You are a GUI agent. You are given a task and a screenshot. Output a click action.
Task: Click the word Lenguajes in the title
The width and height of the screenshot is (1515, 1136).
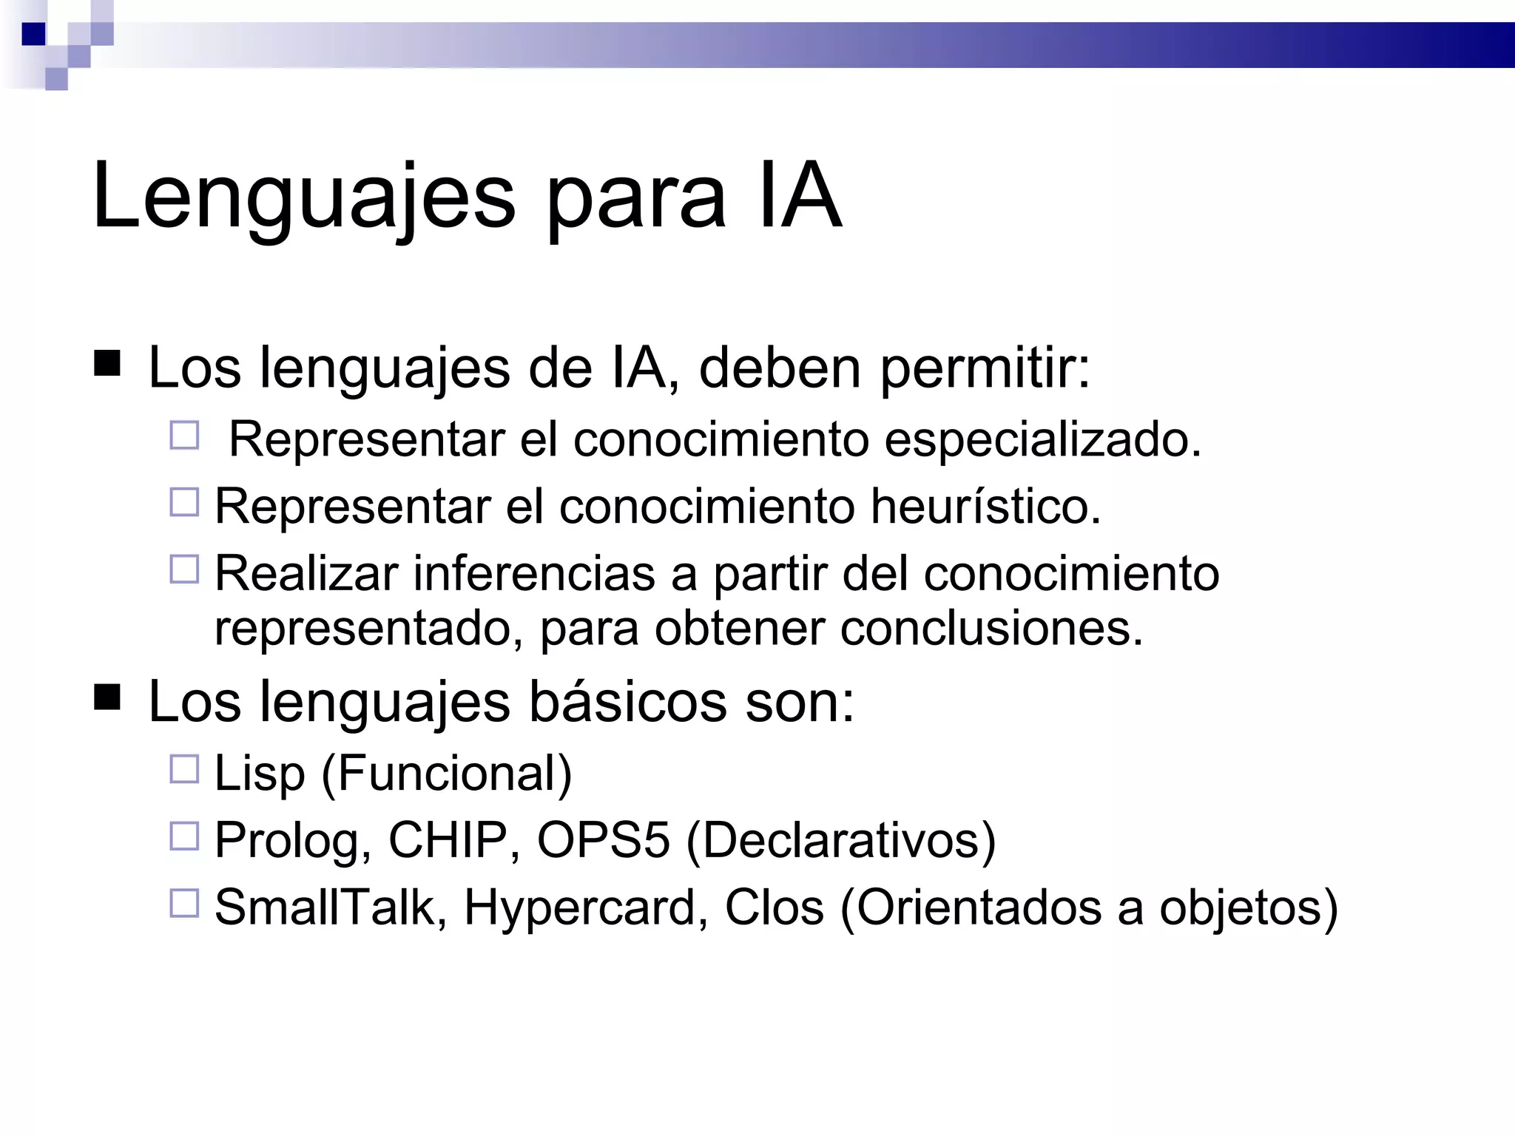coord(303,197)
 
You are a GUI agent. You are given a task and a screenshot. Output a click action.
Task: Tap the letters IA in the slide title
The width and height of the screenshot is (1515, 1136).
coord(800,197)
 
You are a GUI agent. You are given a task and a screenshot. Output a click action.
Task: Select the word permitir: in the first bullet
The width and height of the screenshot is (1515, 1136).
coord(985,368)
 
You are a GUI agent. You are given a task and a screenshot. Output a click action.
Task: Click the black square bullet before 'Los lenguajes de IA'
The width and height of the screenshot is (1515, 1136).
coord(108,363)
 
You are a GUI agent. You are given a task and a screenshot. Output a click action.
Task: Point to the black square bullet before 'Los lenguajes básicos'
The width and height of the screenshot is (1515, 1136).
coord(108,697)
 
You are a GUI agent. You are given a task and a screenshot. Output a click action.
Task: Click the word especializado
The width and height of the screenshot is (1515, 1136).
coord(1043,440)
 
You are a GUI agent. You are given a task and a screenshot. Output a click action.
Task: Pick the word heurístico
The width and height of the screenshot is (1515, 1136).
coord(985,507)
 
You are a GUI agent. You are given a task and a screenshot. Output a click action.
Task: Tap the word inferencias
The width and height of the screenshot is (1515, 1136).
coord(534,573)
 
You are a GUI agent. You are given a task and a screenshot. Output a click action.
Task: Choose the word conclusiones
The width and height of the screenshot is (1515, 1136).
coord(991,629)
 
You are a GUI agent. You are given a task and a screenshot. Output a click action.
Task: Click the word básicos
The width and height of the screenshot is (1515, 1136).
coord(628,701)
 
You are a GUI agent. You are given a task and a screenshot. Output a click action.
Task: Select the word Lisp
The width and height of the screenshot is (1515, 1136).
coord(259,774)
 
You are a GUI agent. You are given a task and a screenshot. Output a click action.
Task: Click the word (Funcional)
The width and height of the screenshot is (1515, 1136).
coord(447,774)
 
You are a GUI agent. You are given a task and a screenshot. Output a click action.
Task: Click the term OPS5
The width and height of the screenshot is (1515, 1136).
coord(603,840)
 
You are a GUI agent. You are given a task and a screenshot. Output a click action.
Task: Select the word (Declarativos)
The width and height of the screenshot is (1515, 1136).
coord(841,840)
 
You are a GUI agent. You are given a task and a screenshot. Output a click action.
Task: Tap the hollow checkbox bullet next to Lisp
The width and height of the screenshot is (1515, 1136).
coord(184,769)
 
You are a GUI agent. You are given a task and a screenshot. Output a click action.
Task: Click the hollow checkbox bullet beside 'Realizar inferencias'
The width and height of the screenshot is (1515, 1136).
coord(184,569)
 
